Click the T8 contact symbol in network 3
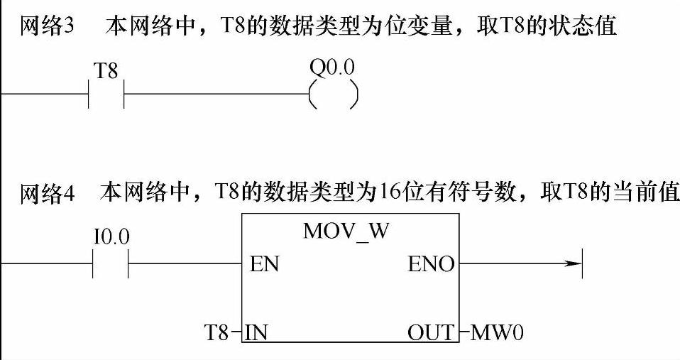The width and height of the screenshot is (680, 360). [x=106, y=94]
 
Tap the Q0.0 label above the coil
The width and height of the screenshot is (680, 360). [x=332, y=68]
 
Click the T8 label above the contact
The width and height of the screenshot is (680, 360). [x=106, y=71]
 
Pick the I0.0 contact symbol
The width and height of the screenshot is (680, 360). [x=111, y=265]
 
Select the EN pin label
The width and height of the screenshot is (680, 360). [x=264, y=265]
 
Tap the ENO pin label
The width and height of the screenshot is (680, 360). [x=431, y=265]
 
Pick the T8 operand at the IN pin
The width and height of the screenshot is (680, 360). [x=217, y=332]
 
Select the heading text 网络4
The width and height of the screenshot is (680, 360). [x=44, y=194]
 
